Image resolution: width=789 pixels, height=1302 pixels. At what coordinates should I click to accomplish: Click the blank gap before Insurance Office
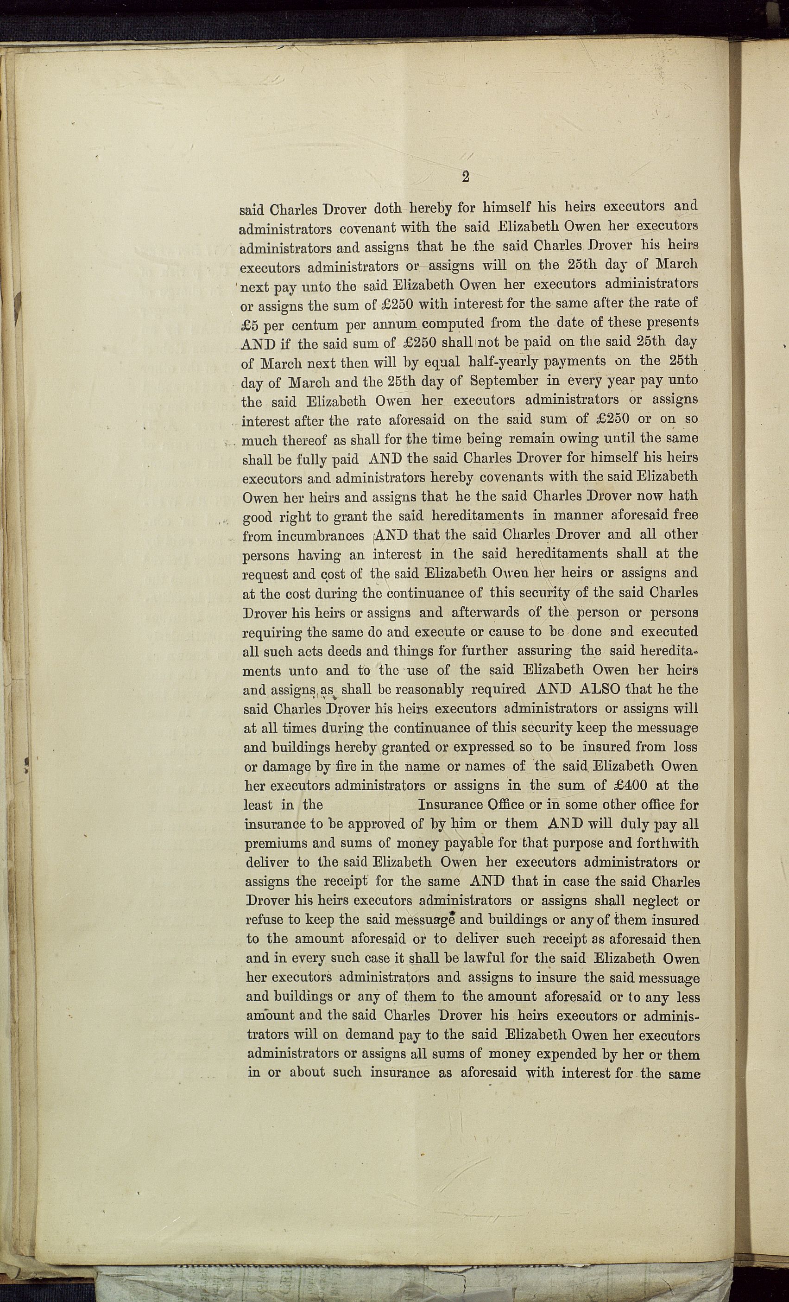tap(370, 805)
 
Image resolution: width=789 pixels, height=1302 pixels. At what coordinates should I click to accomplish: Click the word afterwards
tap(486, 612)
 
